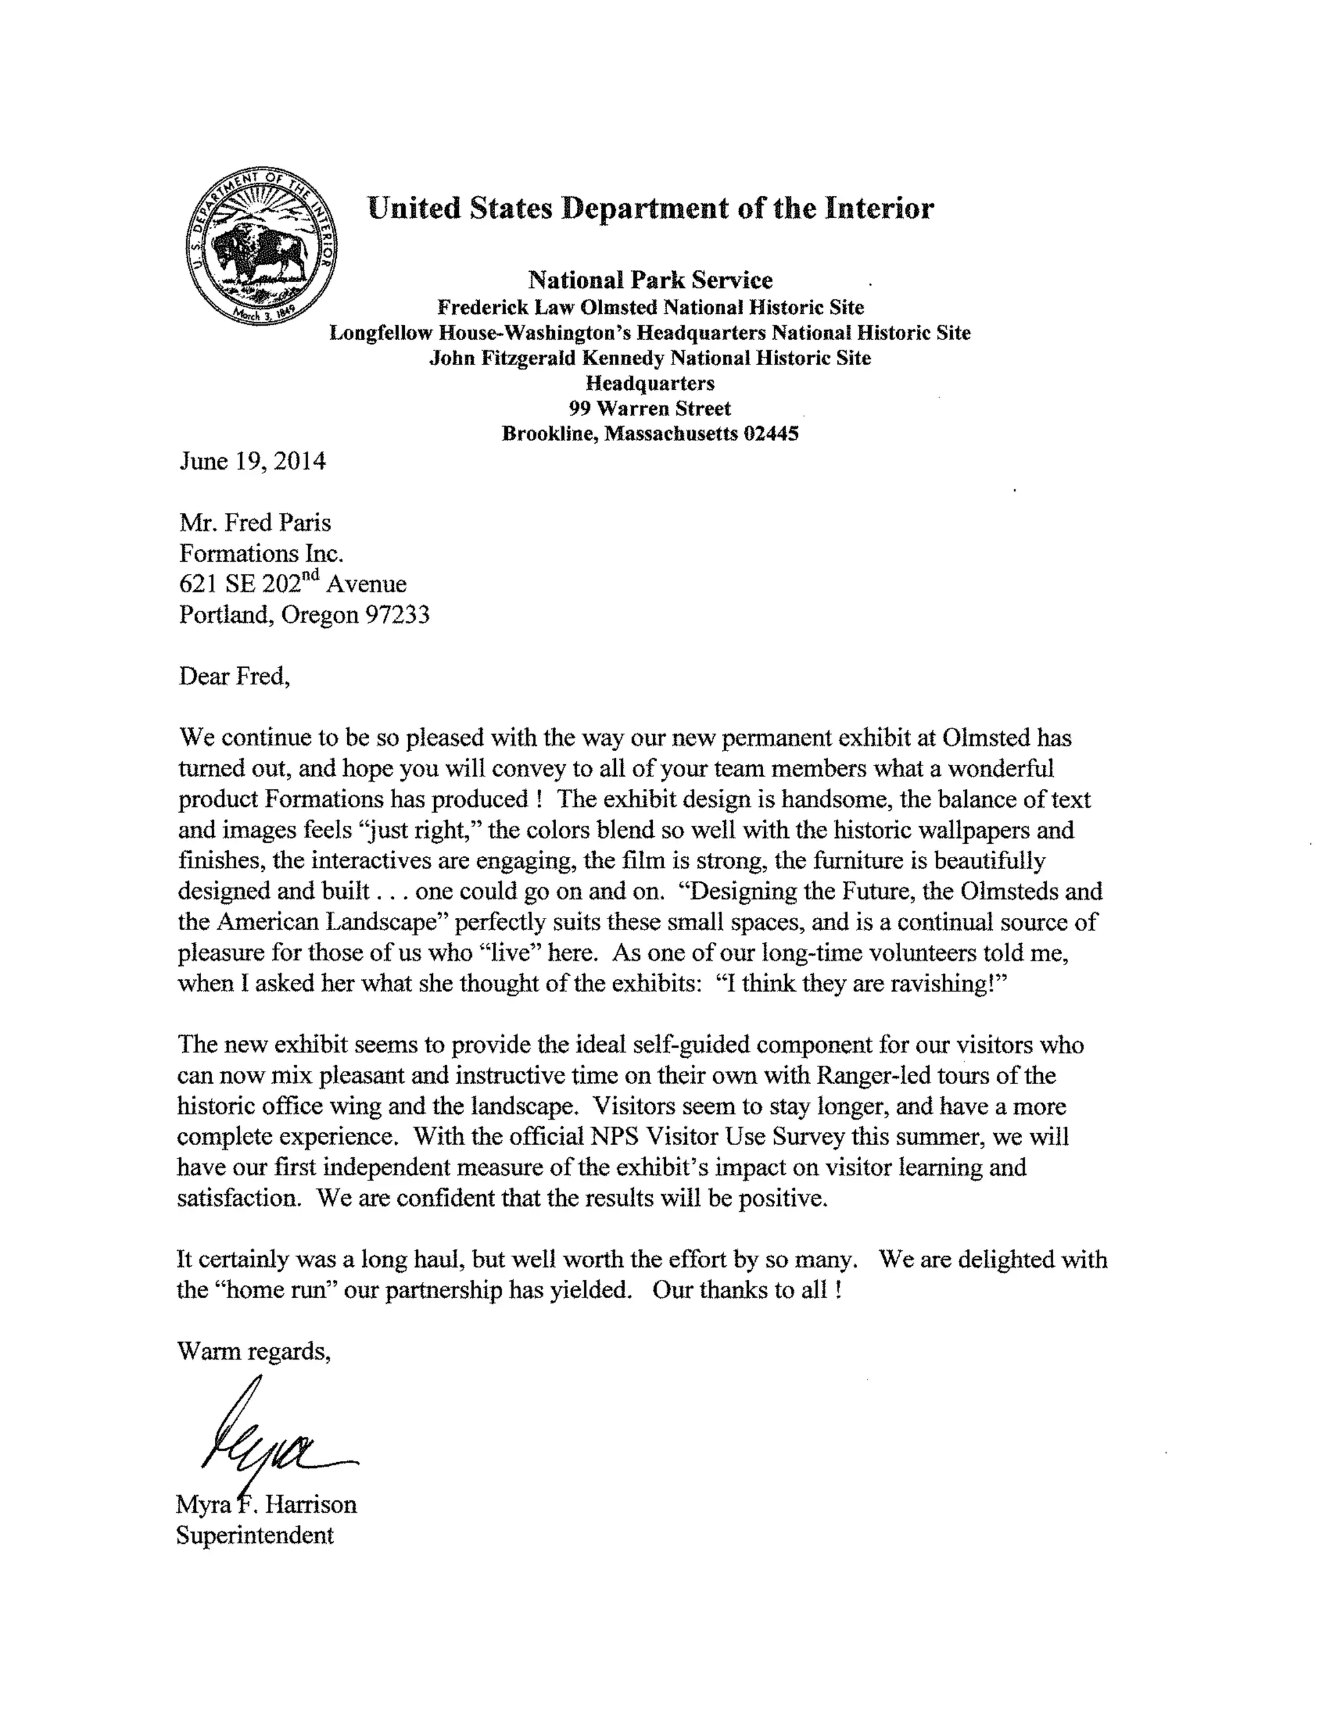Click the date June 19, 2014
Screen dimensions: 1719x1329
tap(252, 461)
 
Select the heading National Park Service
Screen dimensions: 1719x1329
tap(650, 280)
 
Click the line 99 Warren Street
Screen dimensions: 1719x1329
tap(650, 409)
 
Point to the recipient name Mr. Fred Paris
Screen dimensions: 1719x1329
tap(255, 523)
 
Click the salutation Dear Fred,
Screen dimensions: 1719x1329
tap(234, 676)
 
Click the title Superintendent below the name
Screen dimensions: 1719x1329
tap(255, 1535)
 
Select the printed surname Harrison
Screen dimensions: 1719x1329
tap(310, 1505)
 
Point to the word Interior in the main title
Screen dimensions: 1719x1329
tap(879, 209)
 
